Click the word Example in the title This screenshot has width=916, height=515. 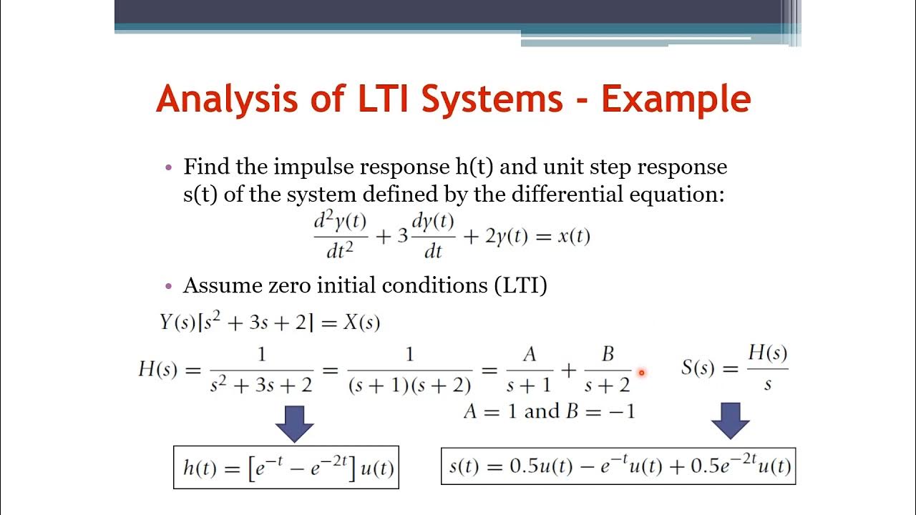(x=676, y=99)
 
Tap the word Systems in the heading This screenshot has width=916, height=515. (x=492, y=99)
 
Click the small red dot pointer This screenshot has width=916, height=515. (x=642, y=373)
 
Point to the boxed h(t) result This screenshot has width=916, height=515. (x=286, y=467)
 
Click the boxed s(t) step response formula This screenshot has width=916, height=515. (x=618, y=466)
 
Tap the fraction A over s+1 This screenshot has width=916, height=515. (x=529, y=370)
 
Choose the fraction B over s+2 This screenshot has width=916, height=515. (x=608, y=370)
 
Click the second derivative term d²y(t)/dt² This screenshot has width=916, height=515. (x=341, y=235)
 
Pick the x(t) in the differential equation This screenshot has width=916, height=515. (x=573, y=237)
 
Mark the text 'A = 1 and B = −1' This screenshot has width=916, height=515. (x=549, y=411)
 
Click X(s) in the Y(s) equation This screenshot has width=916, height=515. (x=359, y=323)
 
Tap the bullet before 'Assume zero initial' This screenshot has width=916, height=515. (x=169, y=286)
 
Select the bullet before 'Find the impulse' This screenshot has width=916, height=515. (x=169, y=167)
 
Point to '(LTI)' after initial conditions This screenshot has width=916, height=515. (x=520, y=285)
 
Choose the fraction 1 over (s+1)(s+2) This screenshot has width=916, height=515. (x=409, y=370)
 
